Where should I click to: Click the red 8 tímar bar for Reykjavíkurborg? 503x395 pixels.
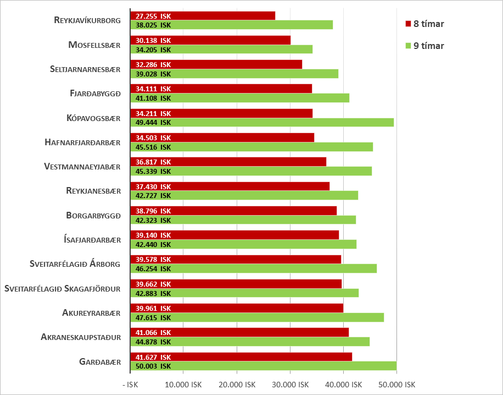coord(220,16)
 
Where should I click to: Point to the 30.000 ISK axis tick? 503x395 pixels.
coord(290,385)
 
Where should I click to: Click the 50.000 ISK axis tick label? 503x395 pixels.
coord(396,385)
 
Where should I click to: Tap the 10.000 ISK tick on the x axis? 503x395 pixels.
coord(183,385)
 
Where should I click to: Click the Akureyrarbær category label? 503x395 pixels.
coord(91,313)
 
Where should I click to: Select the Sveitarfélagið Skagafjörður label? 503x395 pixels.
coord(62,288)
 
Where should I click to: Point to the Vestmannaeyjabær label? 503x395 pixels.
coord(82,166)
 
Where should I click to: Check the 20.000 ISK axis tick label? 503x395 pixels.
coord(237,385)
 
